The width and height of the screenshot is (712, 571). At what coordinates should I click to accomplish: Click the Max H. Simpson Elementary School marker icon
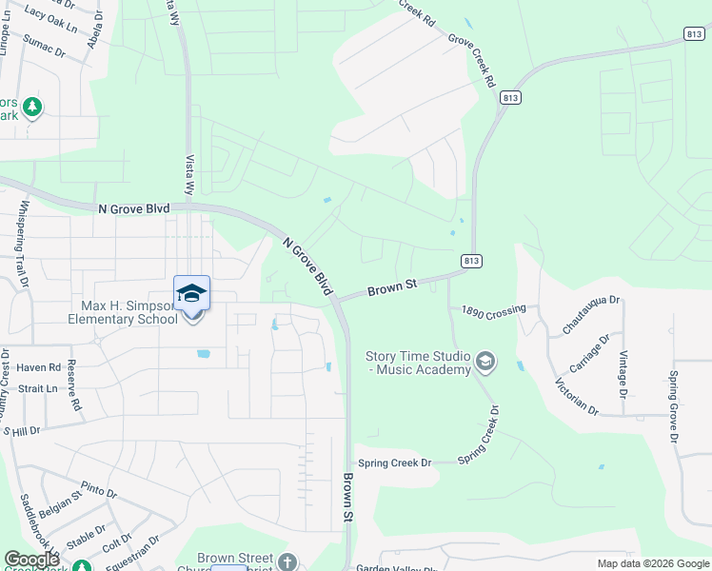click(x=191, y=293)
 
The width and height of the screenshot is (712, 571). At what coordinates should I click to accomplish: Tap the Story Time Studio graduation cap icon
click(x=485, y=361)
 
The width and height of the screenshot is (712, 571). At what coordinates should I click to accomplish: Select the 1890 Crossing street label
click(x=493, y=311)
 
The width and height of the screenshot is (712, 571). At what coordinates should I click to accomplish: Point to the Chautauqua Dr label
click(x=590, y=314)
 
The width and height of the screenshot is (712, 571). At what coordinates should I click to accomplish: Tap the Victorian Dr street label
click(x=577, y=398)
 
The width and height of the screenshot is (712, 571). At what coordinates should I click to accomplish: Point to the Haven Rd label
click(x=38, y=366)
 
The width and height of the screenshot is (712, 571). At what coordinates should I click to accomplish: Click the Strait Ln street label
click(x=37, y=388)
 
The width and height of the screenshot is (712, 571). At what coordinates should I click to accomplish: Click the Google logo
click(x=32, y=560)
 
